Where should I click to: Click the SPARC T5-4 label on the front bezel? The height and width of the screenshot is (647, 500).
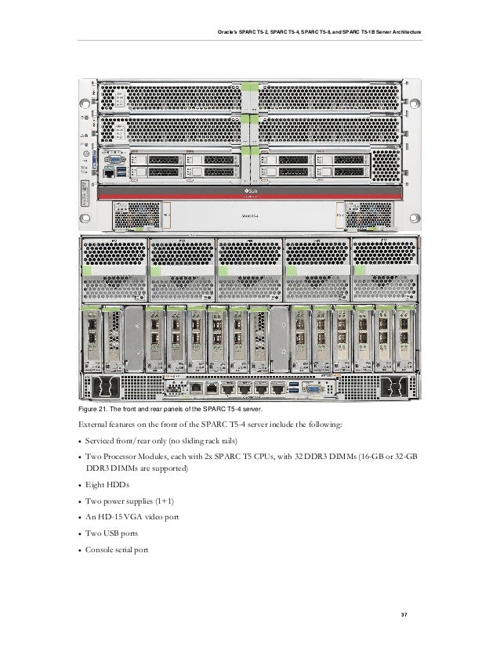point(249,211)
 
